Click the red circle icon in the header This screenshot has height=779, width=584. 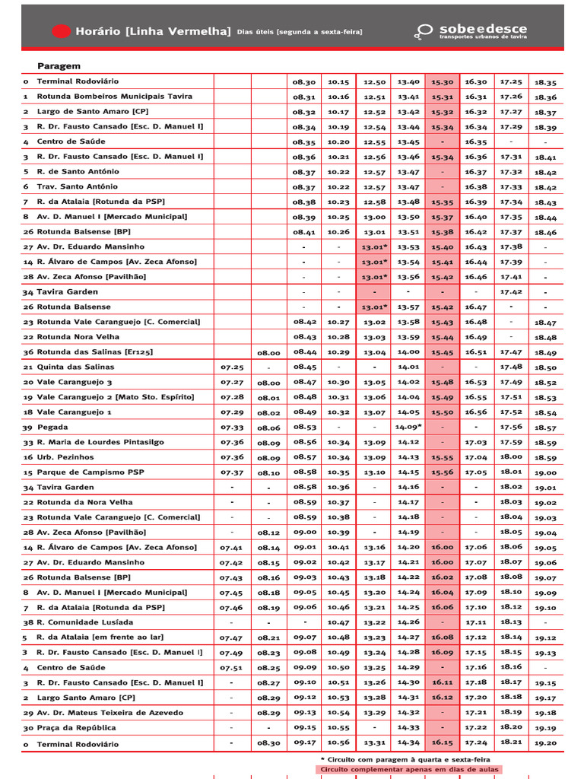coord(61,31)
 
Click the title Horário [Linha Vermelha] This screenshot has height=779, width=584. coord(152,31)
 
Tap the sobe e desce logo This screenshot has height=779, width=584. coord(471,31)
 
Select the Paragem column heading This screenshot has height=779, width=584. coord(59,66)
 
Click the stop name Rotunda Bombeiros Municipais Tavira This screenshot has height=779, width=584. coord(114,97)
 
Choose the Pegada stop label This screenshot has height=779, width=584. coord(52,427)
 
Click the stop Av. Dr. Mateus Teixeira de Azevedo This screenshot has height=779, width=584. coord(109,713)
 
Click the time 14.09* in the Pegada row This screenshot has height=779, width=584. coord(408,427)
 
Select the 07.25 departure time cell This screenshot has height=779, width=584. coord(232,367)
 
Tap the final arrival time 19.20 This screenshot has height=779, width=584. coord(545,743)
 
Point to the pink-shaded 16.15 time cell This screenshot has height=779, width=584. coord(442,743)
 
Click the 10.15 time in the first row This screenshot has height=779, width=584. coord(338,81)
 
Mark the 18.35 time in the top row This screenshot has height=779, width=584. coord(545,82)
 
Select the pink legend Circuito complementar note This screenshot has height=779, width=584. coord(410,769)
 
